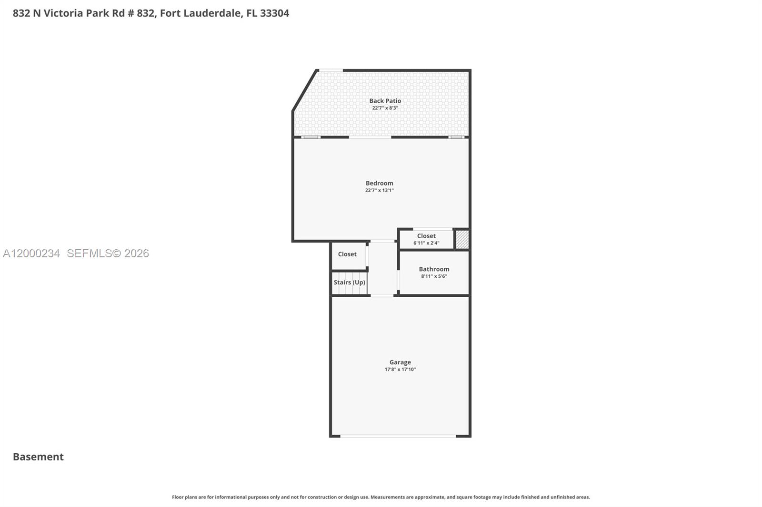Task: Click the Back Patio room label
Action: click(x=385, y=101)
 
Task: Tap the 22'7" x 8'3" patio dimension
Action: click(x=385, y=108)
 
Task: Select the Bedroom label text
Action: click(x=379, y=183)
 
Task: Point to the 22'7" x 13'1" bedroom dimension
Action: click(x=379, y=190)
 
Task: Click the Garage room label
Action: click(x=400, y=362)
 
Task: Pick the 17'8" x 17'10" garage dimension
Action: click(x=400, y=370)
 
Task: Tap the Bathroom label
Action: click(x=434, y=269)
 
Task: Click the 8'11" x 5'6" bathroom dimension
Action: click(x=434, y=276)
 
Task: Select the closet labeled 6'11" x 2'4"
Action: click(x=426, y=239)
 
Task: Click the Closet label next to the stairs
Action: click(x=347, y=254)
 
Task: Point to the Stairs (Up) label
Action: click(x=349, y=283)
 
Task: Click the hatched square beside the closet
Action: click(x=462, y=239)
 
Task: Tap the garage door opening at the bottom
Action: click(x=398, y=436)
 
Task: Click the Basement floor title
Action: click(x=38, y=457)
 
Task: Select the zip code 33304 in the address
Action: click(x=274, y=13)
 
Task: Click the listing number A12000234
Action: click(x=31, y=253)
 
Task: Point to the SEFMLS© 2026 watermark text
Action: click(x=108, y=253)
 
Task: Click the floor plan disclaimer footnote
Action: click(x=381, y=497)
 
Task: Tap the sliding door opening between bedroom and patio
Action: click(x=370, y=137)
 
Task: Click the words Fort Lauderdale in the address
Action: click(x=201, y=13)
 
